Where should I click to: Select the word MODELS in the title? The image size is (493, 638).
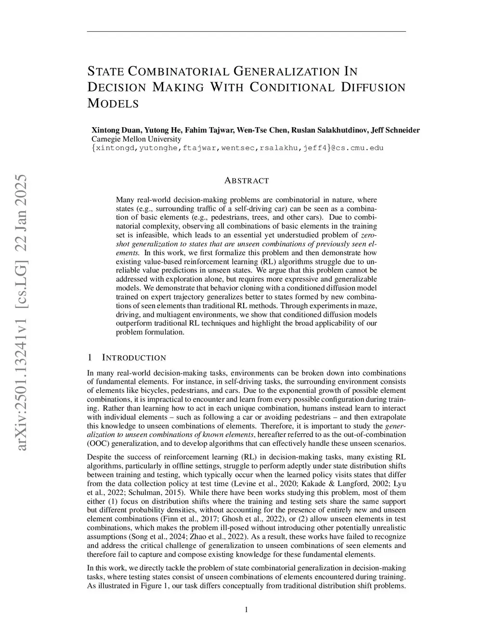coord(113,104)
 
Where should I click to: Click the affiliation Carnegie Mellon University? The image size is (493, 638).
coord(136,139)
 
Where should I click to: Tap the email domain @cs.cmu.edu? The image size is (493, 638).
coord(353,148)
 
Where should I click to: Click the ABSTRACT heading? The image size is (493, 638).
coord(246,181)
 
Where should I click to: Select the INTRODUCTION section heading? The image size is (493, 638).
coord(134,358)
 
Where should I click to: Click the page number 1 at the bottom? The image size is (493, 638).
coord(246,610)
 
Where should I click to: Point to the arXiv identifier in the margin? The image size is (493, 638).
coord(22,313)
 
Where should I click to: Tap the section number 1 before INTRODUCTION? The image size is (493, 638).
coord(90,358)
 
